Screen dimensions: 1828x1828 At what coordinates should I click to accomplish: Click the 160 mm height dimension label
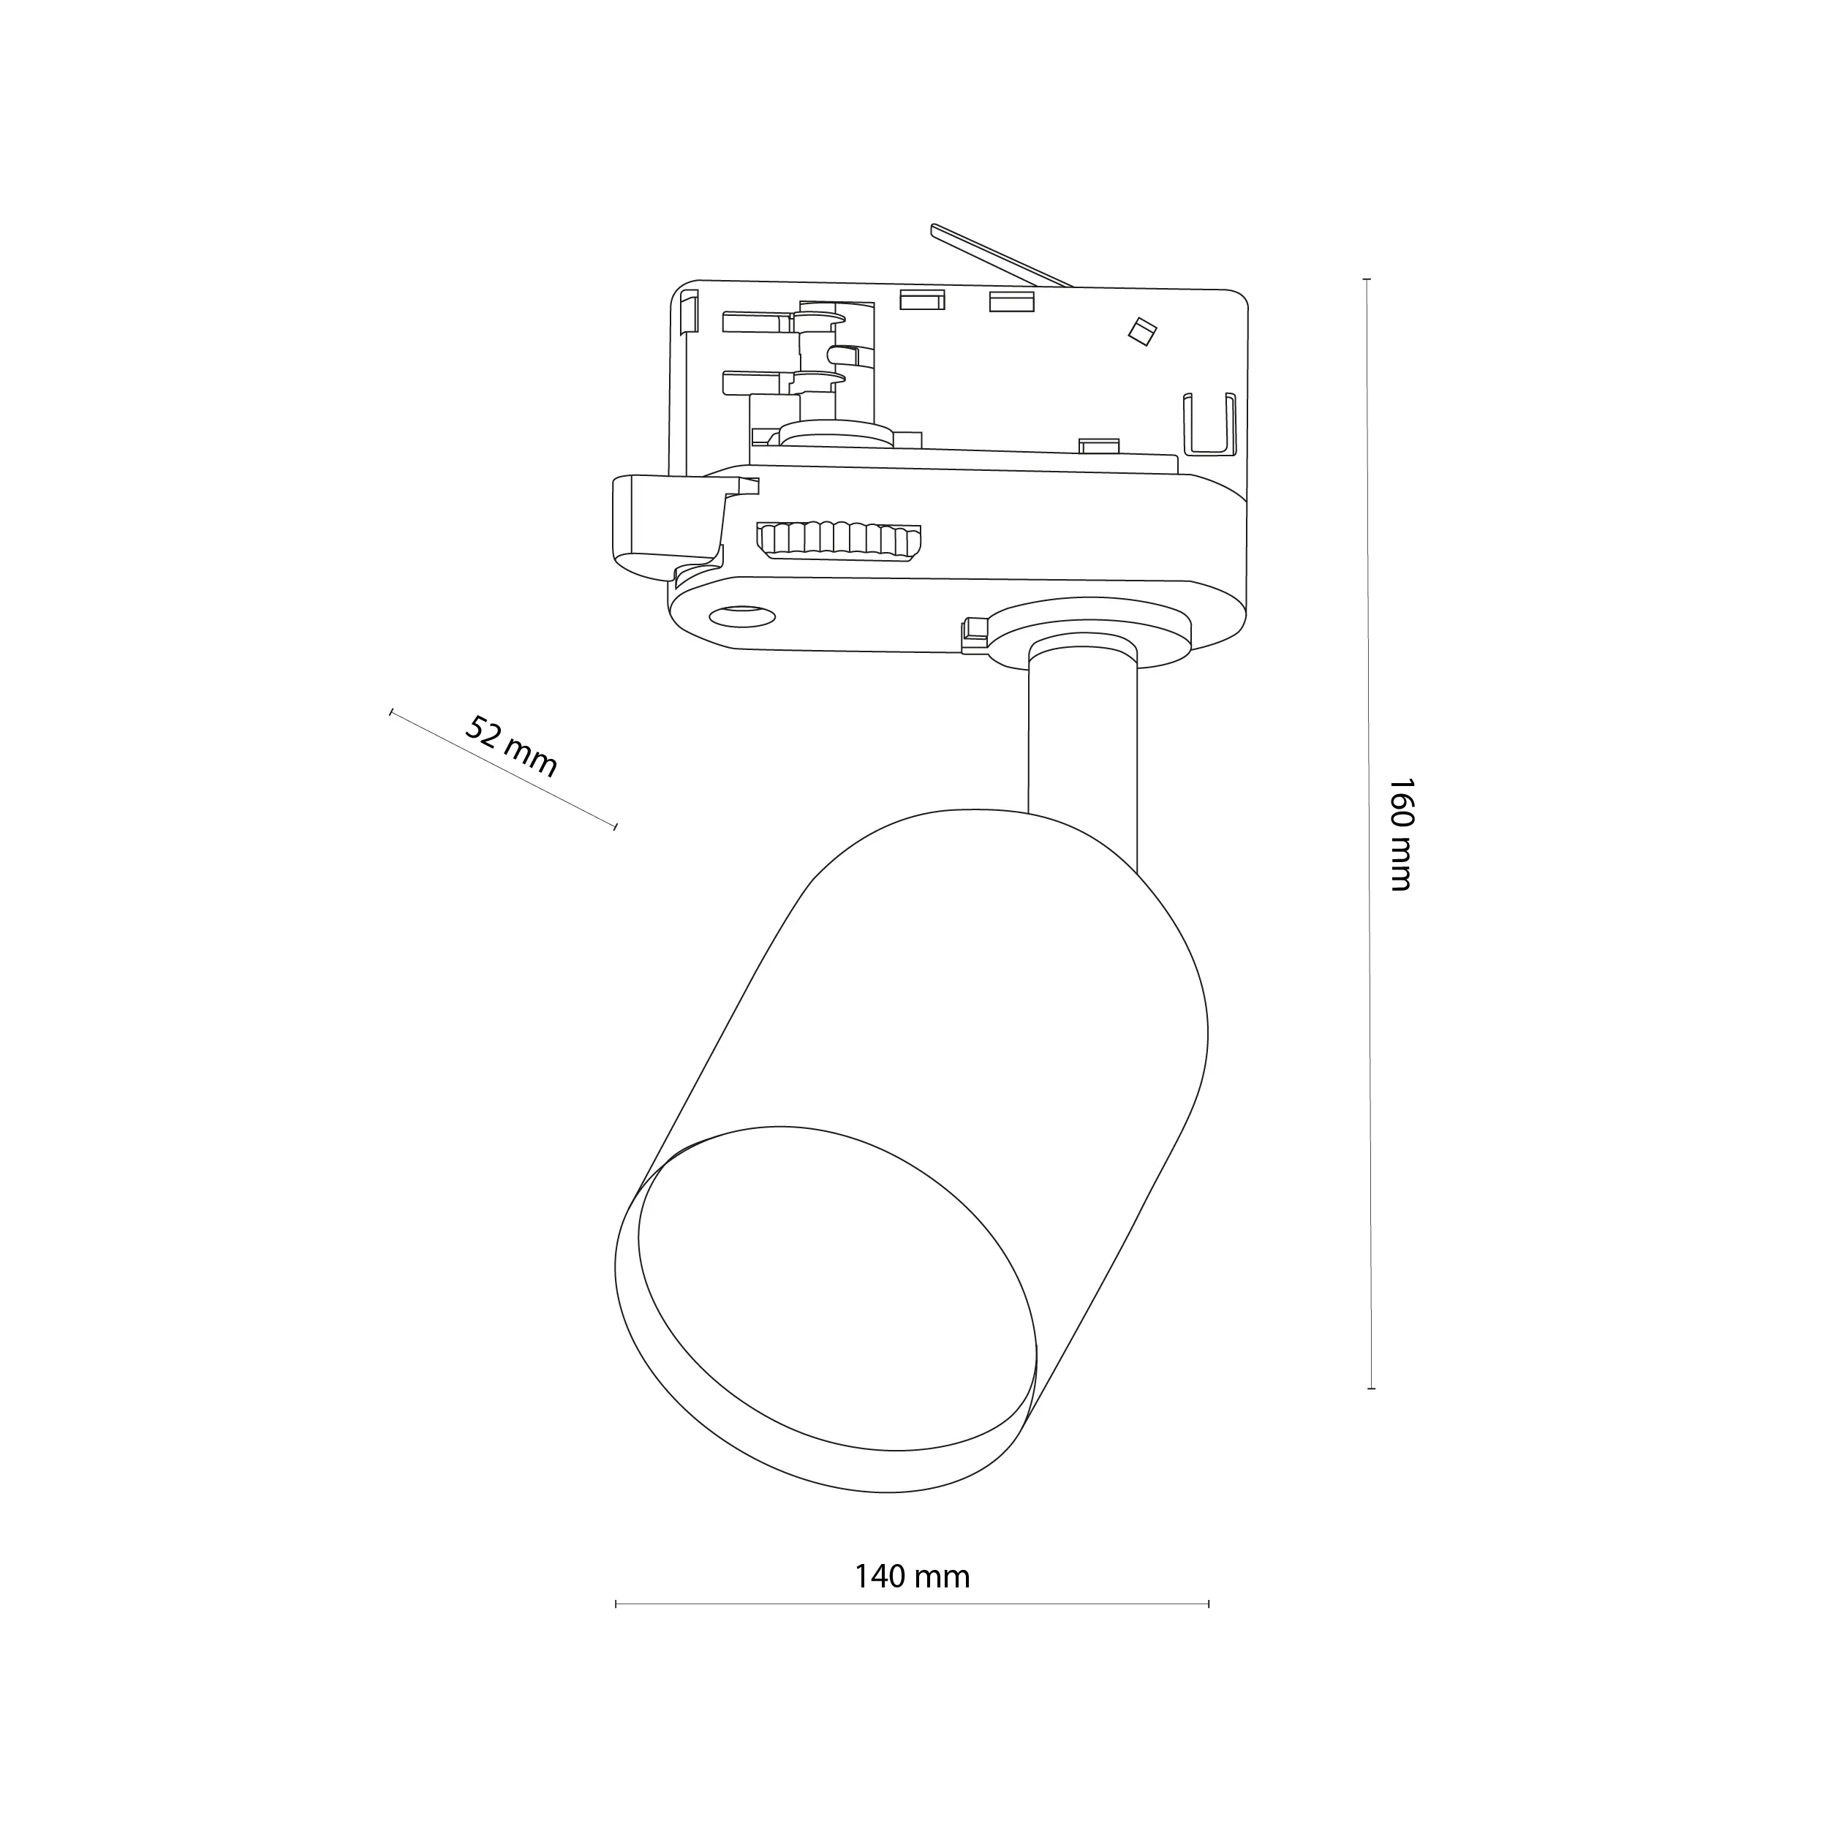(x=1400, y=834)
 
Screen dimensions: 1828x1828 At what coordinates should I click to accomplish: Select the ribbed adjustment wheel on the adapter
(x=838, y=540)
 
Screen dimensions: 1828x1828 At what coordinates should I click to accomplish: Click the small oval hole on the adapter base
(x=741, y=616)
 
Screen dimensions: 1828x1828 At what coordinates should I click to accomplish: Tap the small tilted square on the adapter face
(x=1143, y=331)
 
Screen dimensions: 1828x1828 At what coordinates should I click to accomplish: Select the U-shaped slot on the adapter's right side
(x=1210, y=422)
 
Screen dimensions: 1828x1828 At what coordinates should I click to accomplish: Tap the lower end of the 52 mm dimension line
(x=615, y=827)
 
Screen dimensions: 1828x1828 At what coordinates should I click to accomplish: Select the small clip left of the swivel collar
(x=974, y=633)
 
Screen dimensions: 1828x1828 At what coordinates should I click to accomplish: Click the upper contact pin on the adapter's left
(x=757, y=322)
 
